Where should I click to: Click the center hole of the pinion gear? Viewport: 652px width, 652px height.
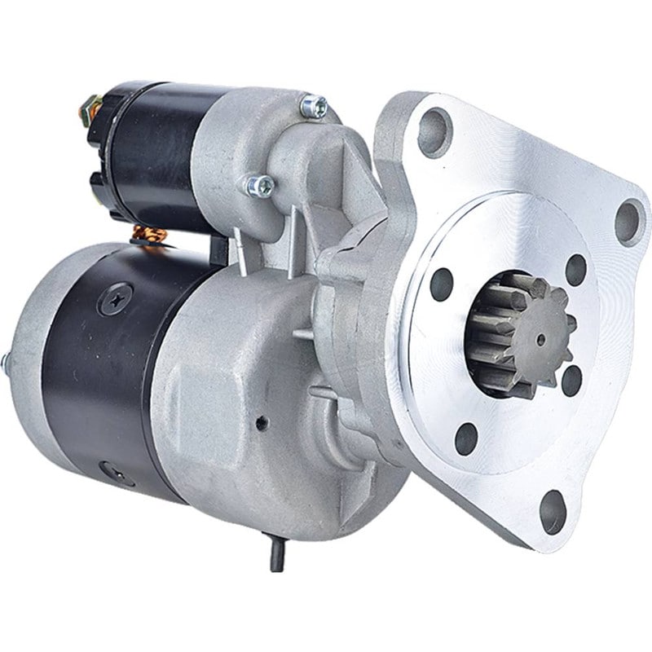[540, 337]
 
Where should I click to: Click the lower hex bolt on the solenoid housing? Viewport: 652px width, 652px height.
[260, 186]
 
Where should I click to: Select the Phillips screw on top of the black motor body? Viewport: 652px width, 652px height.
[113, 298]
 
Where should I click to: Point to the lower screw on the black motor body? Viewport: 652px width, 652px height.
[107, 471]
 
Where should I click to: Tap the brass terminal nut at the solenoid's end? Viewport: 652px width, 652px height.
[90, 107]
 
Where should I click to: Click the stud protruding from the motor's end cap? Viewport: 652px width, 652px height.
[6, 359]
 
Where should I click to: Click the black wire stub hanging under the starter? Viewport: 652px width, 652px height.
[275, 557]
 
